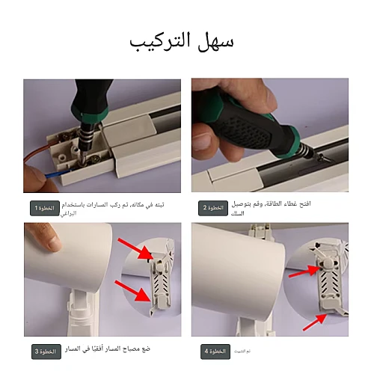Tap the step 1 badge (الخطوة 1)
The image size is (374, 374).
pos(45,208)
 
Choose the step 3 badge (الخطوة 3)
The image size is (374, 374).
pos(45,352)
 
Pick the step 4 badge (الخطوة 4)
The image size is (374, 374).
pos(215,352)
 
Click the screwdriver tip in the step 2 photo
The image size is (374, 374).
pos(321,160)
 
